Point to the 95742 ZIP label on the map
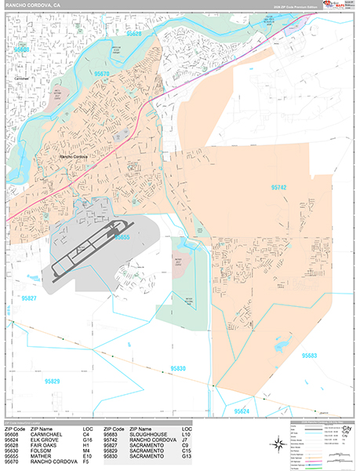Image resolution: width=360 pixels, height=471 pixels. tap(278, 188)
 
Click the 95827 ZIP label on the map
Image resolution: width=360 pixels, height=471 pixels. tap(29, 299)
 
